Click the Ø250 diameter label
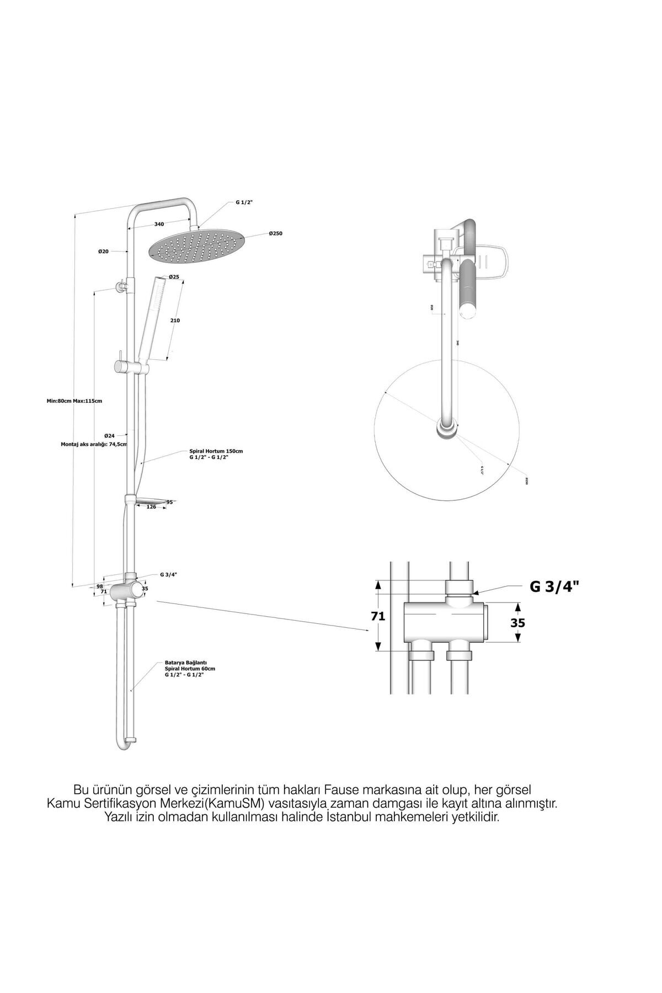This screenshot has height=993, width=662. pos(276,234)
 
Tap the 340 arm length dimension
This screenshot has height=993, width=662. pos(159,224)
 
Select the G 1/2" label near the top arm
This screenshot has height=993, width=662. pos(244,202)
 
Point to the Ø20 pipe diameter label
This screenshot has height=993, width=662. pos(103,251)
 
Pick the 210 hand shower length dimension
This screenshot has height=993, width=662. pos(175,321)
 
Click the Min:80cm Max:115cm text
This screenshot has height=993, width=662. pos(74,401)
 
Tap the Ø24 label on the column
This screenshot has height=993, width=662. pos(109,436)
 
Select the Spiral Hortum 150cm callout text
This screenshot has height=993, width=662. pos(216,454)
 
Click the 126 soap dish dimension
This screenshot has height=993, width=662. pos(151,507)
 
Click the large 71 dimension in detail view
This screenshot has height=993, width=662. pos(377,616)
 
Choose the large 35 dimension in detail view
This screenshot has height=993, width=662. pos(517,623)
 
